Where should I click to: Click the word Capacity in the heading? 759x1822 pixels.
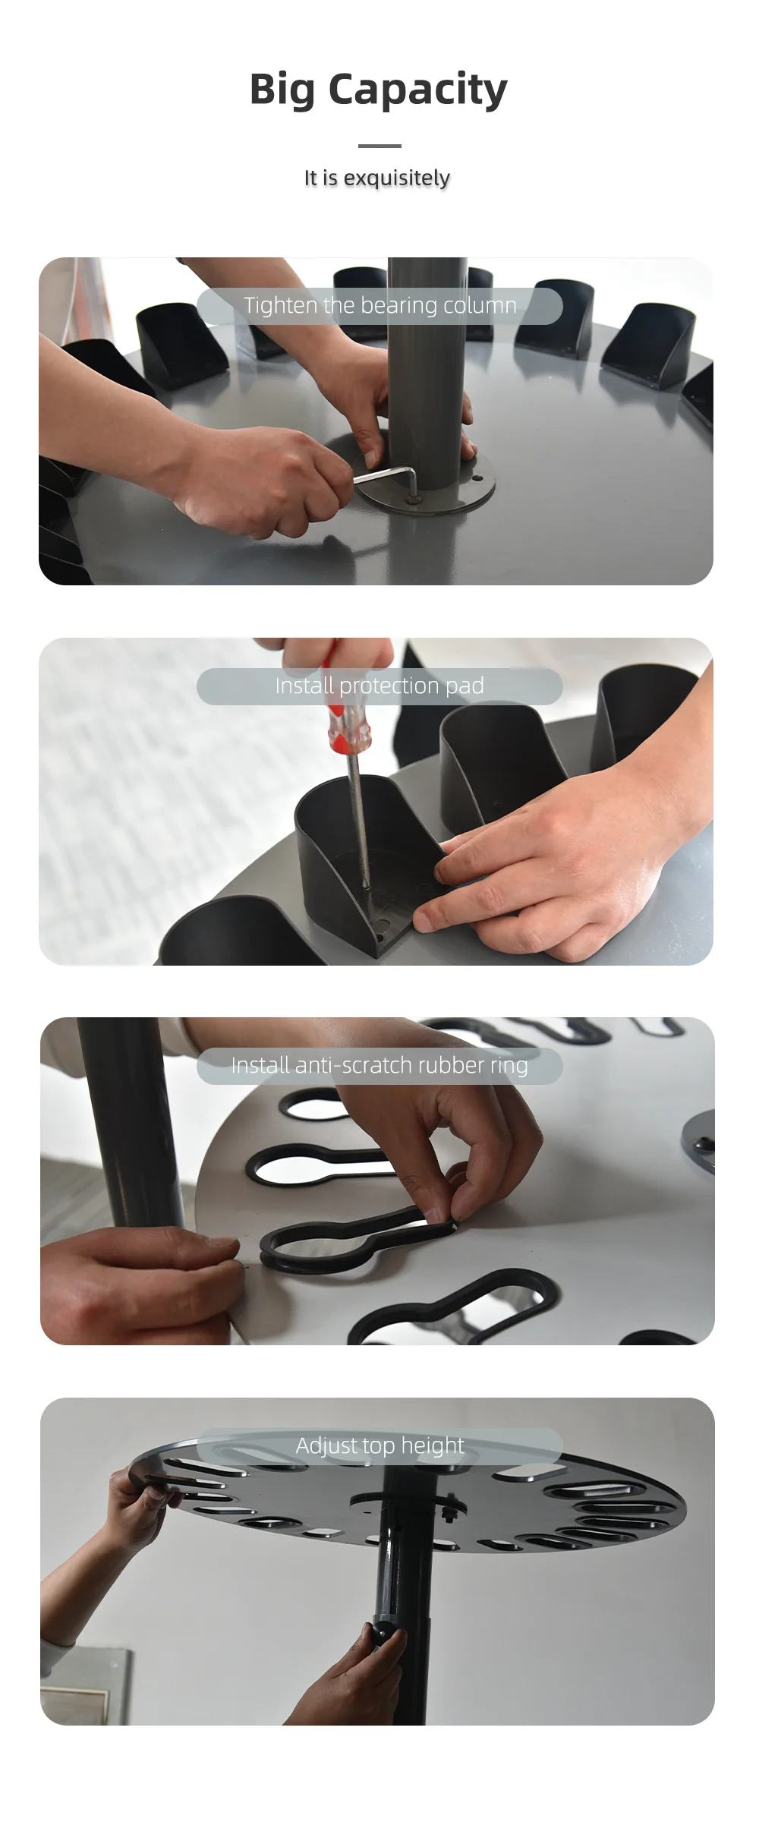click(417, 90)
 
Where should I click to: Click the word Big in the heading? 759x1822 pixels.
click(282, 90)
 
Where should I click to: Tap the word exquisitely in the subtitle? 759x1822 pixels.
click(396, 178)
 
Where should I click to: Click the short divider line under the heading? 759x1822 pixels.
click(379, 146)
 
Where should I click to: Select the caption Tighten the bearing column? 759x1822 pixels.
click(379, 305)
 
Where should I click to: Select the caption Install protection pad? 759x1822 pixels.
click(379, 686)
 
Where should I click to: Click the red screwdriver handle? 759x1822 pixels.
click(346, 721)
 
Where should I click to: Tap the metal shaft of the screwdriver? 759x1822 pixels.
click(357, 820)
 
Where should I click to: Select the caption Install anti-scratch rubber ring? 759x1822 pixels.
click(379, 1065)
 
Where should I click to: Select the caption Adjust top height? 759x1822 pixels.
click(379, 1445)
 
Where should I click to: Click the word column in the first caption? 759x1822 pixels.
click(480, 305)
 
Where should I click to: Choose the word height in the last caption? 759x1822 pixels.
click(433, 1445)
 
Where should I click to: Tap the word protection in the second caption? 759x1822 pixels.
click(389, 686)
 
